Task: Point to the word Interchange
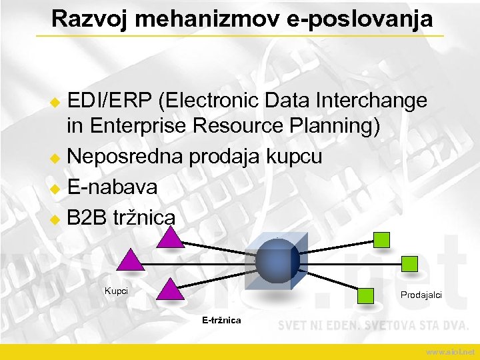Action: (372, 101)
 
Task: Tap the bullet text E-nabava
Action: (112, 187)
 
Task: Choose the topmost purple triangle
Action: (171, 237)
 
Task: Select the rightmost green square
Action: (410, 263)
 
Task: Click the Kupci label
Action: (116, 291)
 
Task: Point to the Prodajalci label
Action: (421, 295)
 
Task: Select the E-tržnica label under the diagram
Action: (221, 321)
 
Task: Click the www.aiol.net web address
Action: (450, 351)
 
